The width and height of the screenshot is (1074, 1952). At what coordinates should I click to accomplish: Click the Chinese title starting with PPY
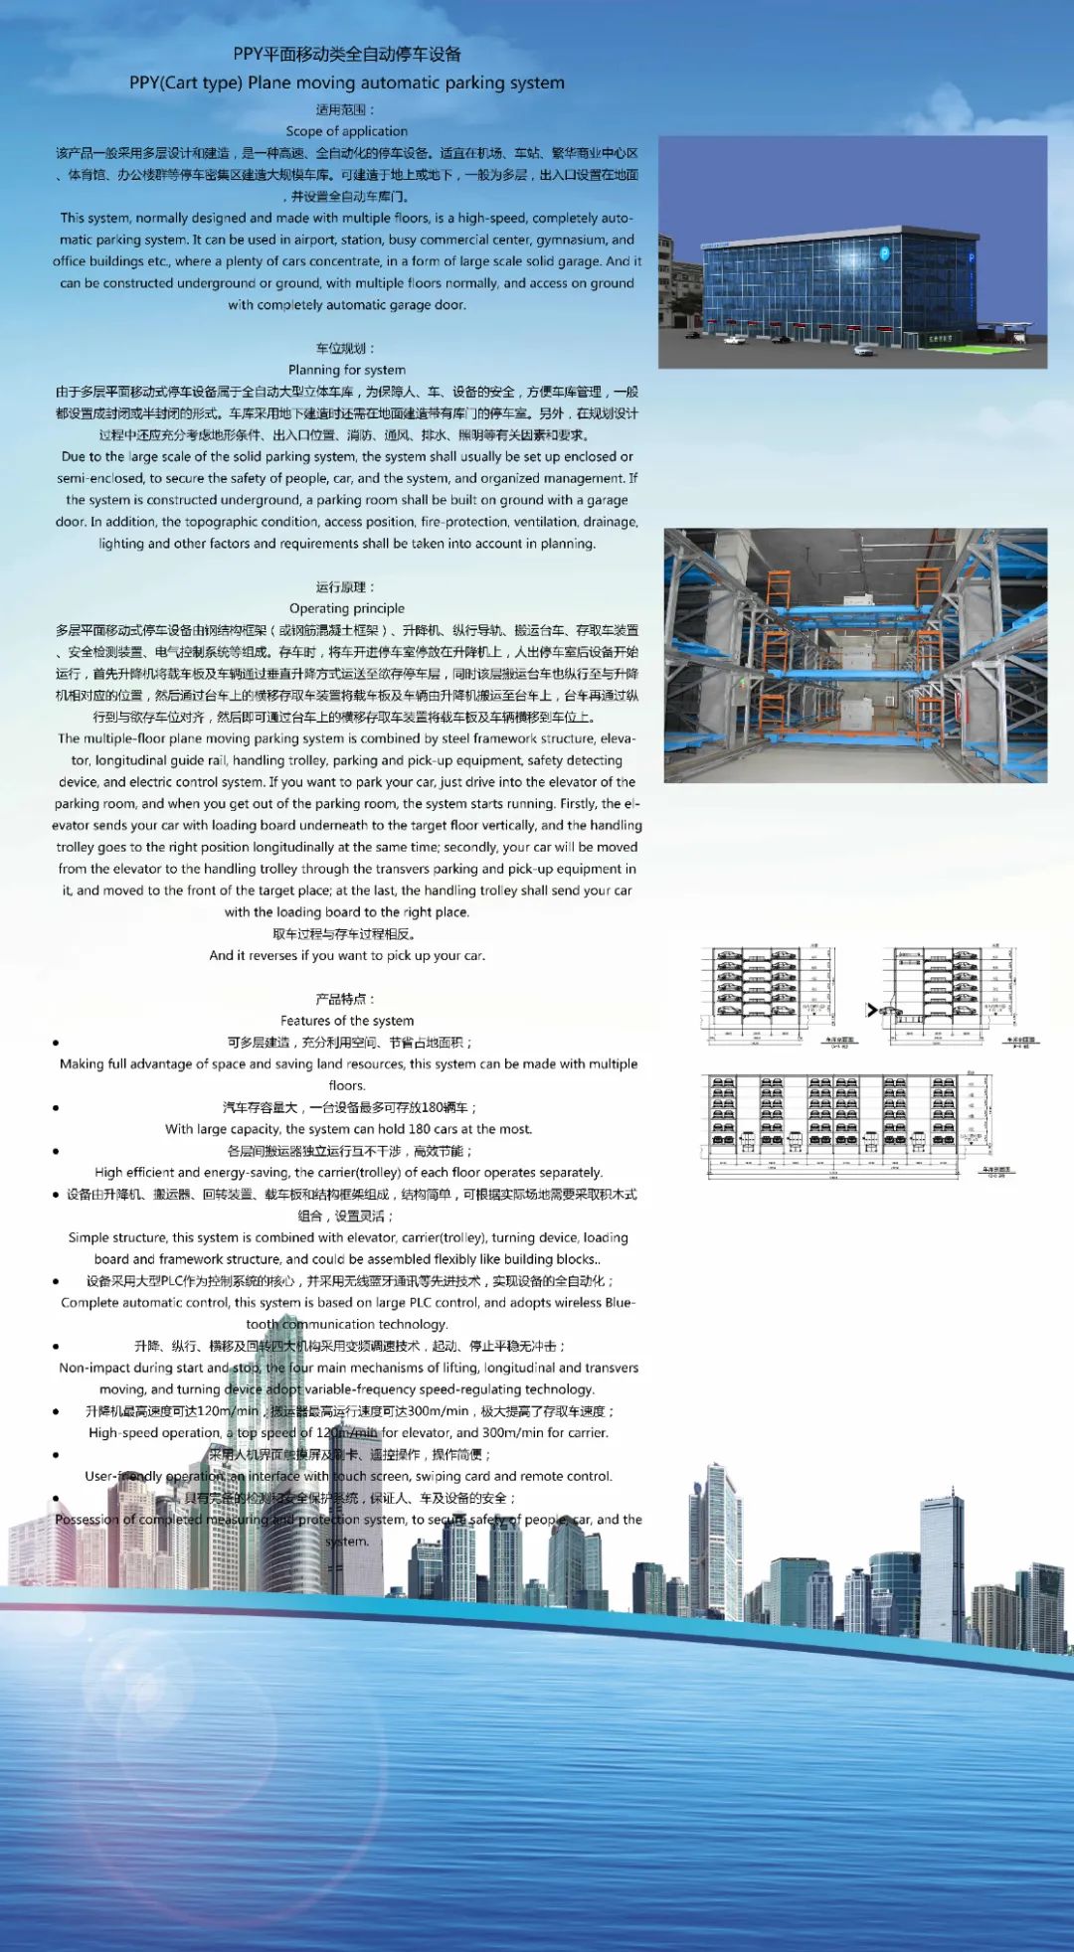(x=347, y=55)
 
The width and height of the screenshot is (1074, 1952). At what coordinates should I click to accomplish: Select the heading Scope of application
(x=346, y=131)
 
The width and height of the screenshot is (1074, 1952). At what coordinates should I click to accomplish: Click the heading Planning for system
(x=346, y=370)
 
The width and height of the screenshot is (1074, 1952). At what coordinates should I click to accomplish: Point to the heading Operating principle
(x=346, y=608)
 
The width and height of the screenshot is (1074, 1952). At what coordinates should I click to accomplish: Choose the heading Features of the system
(x=346, y=1021)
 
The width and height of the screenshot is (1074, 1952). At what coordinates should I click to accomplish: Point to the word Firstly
(x=577, y=804)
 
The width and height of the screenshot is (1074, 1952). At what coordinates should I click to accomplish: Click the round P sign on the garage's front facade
(x=884, y=253)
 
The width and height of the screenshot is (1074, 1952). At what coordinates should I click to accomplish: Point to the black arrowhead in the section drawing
(x=871, y=1010)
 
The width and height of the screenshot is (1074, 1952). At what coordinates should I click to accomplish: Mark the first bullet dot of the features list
(x=56, y=1043)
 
